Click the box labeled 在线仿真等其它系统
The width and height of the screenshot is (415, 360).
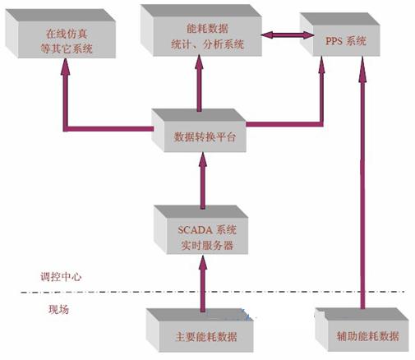click(60, 34)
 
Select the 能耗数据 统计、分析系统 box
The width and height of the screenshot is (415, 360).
click(201, 30)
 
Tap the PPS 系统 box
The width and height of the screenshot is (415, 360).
click(339, 35)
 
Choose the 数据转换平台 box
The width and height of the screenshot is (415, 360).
click(199, 131)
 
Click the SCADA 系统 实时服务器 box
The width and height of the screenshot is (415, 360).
click(201, 229)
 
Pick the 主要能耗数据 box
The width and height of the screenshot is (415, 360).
click(200, 330)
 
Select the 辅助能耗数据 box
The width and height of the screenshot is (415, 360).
click(362, 330)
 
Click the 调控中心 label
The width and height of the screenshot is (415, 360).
click(61, 277)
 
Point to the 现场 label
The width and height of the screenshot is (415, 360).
click(58, 309)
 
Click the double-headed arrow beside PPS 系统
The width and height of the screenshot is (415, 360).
click(288, 35)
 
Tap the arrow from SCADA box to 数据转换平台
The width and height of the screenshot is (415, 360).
click(203, 181)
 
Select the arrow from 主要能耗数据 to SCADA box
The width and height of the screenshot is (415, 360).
click(203, 284)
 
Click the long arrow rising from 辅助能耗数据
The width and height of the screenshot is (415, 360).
click(362, 182)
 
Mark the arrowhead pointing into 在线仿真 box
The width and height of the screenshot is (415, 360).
click(65, 67)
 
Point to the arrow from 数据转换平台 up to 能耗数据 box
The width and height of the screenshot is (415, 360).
click(199, 83)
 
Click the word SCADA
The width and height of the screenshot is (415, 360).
click(196, 229)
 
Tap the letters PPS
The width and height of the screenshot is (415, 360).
click(334, 41)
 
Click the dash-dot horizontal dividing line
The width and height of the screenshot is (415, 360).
click(213, 293)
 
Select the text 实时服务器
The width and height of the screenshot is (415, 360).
click(207, 245)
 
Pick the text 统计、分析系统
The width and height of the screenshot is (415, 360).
click(207, 44)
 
